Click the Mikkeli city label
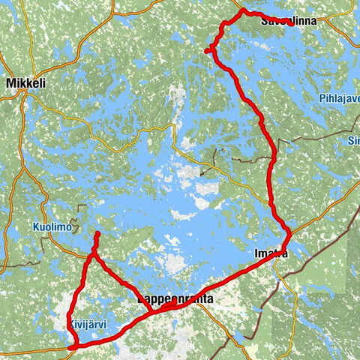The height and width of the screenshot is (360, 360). pyautogui.click(x=25, y=84)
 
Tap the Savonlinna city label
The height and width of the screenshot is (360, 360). pyautogui.click(x=288, y=22)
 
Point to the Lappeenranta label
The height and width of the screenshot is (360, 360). pyautogui.click(x=175, y=298)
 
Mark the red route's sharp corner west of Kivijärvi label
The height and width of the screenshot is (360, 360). pyautogui.click(x=73, y=346)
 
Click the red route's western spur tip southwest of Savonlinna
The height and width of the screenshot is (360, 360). pyautogui.click(x=206, y=51)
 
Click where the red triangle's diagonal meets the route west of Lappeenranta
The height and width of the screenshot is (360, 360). pyautogui.click(x=152, y=311)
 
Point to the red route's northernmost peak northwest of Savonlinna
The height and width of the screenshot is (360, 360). pyautogui.click(x=242, y=10)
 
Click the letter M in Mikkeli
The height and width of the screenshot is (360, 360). pyautogui.click(x=10, y=84)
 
